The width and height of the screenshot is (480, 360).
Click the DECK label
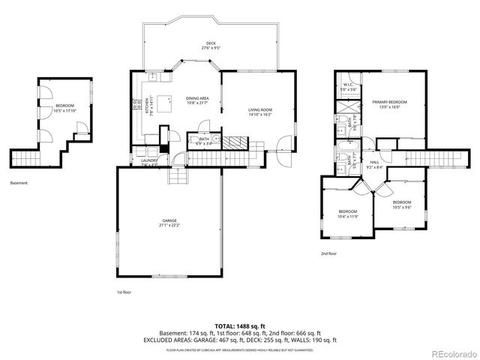(x=211, y=43)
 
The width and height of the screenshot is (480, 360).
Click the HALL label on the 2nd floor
(x=375, y=163)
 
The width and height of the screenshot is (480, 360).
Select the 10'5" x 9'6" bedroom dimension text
(x=401, y=206)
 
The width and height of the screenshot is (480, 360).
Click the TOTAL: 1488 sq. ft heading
(x=240, y=326)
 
